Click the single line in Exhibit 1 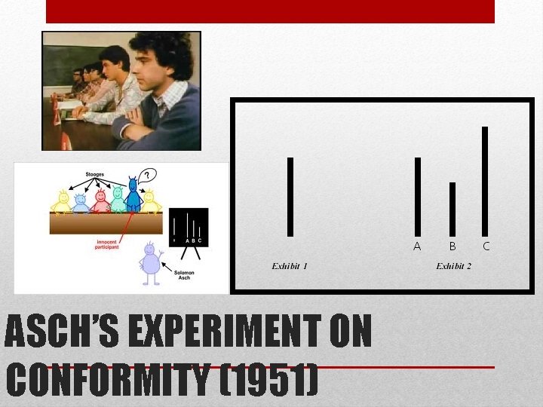click(x=290, y=196)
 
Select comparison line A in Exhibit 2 click(x=417, y=196)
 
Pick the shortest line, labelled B click(x=452, y=209)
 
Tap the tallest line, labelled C click(x=485, y=181)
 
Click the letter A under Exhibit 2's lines click(x=417, y=246)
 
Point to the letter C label click(x=486, y=246)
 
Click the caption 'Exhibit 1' click(x=290, y=266)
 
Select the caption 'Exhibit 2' click(x=454, y=266)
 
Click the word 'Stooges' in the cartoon click(x=94, y=174)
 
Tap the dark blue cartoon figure click(x=133, y=195)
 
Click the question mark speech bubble click(x=149, y=176)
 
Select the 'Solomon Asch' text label click(x=184, y=274)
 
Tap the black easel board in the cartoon click(x=189, y=226)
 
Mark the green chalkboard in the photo click(x=64, y=60)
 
